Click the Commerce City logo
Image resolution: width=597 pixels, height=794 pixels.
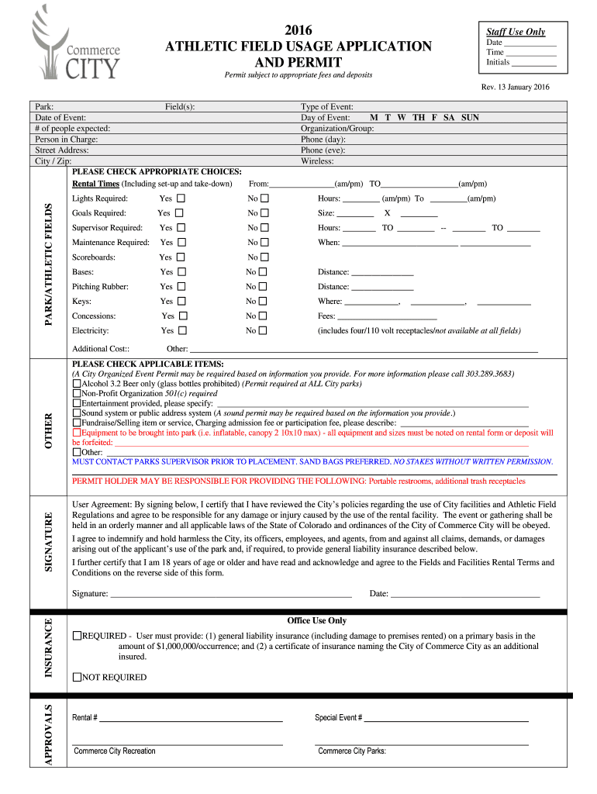75,44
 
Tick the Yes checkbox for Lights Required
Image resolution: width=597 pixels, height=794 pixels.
181,198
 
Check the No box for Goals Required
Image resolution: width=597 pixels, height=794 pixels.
264,213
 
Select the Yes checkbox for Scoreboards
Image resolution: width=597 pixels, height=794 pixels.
181,257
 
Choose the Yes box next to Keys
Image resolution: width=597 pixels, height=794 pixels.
181,301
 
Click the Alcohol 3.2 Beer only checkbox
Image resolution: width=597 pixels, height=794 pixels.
76,384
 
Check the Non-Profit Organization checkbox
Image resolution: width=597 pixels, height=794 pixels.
76,393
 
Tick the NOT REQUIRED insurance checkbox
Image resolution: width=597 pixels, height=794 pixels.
77,677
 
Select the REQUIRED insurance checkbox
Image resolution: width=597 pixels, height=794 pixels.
77,636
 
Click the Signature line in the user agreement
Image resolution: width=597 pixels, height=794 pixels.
231,595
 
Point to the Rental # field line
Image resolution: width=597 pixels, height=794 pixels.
191,719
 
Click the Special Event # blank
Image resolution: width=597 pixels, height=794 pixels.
447,719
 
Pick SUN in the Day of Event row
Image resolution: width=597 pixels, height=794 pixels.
470,118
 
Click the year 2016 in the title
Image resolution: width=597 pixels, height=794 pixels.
298,30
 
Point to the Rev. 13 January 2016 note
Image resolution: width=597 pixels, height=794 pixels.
515,88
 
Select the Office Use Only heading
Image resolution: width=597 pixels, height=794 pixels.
316,620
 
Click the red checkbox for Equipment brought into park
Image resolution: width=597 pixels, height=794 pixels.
76,433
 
